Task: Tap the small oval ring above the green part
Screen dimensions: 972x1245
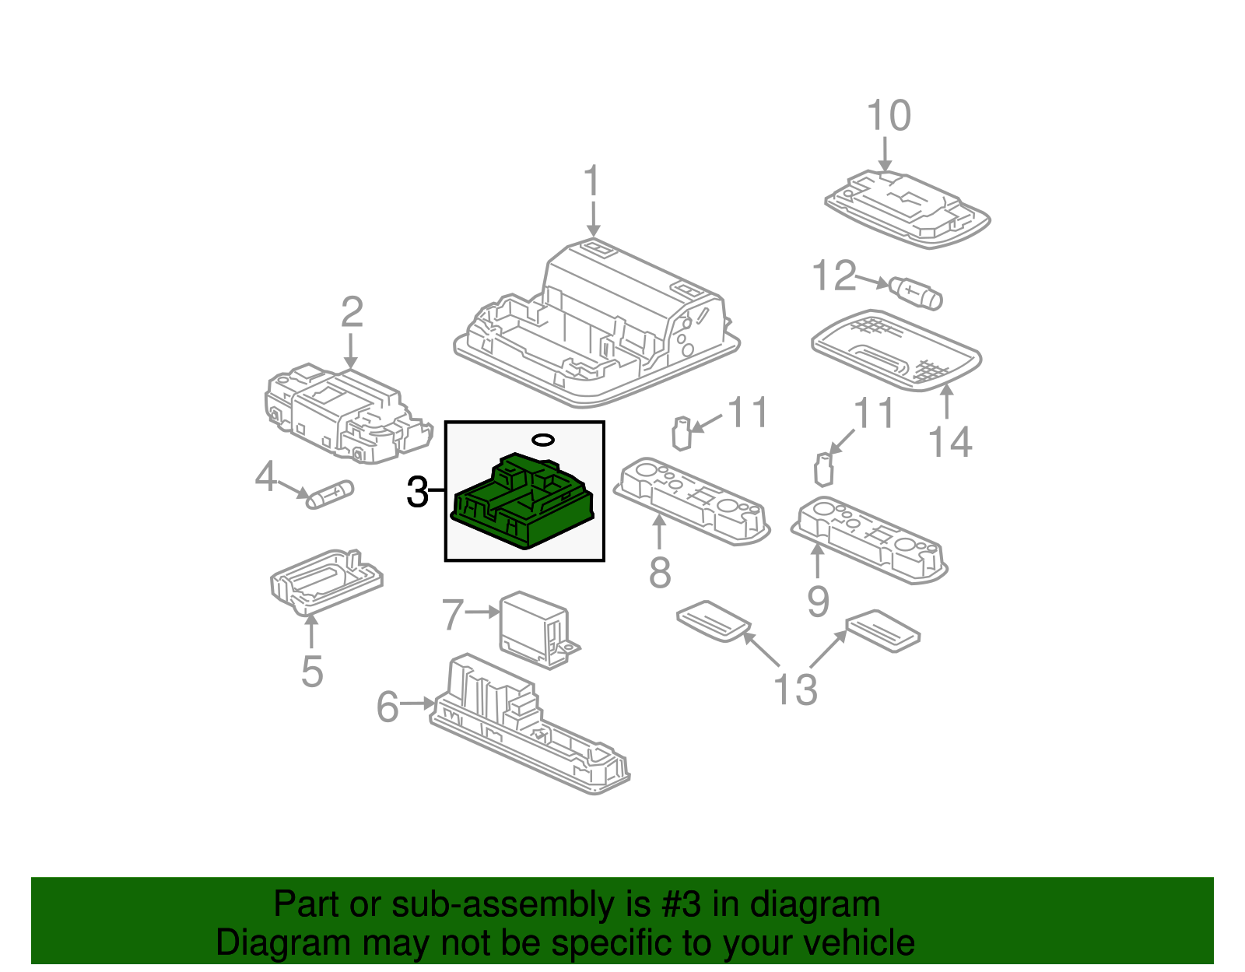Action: pyautogui.click(x=543, y=440)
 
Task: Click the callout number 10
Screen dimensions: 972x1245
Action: pyautogui.click(x=888, y=116)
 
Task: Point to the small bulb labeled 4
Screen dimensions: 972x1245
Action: pyautogui.click(x=330, y=494)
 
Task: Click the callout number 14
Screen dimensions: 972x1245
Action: pyautogui.click(x=950, y=442)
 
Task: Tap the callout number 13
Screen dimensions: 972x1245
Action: pyautogui.click(x=794, y=690)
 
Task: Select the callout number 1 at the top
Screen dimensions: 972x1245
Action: pyautogui.click(x=592, y=181)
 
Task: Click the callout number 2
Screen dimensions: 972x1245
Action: pyautogui.click(x=352, y=312)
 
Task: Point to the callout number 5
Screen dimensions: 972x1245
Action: pyautogui.click(x=311, y=672)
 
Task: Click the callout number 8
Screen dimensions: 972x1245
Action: pyautogui.click(x=659, y=574)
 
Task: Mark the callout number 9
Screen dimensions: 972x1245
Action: pyautogui.click(x=817, y=602)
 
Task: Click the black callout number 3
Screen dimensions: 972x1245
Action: pyautogui.click(x=417, y=493)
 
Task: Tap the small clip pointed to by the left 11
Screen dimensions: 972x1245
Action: pyautogui.click(x=682, y=433)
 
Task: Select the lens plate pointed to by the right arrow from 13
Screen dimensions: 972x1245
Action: pyautogui.click(x=882, y=630)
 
